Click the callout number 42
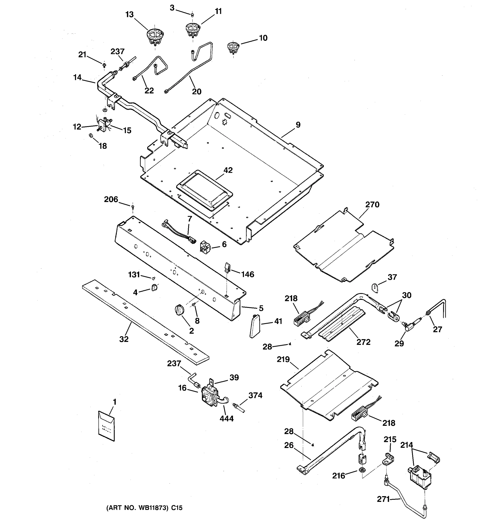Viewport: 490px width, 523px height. (x=228, y=170)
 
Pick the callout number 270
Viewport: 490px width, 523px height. (x=372, y=204)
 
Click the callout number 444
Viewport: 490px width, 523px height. (x=227, y=418)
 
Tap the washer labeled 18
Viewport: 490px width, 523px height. (x=90, y=136)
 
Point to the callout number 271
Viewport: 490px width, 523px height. (x=383, y=499)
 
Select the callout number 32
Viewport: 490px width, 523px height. (x=124, y=339)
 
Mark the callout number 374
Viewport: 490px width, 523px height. (x=255, y=395)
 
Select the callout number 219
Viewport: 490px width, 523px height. (x=283, y=359)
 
